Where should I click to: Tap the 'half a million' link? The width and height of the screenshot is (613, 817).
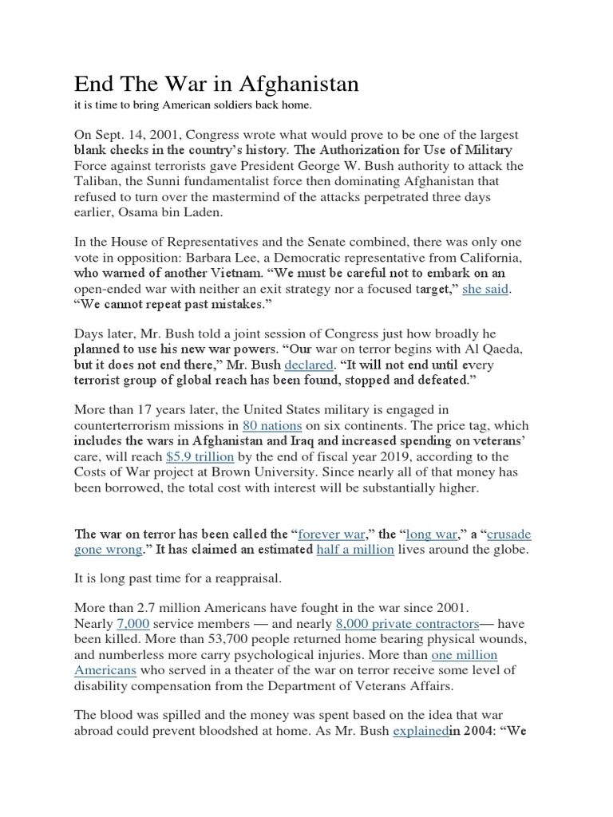click(355, 550)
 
